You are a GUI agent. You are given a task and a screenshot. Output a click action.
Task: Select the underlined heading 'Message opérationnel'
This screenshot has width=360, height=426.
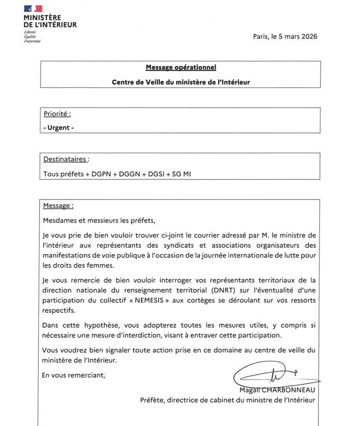pos(180,68)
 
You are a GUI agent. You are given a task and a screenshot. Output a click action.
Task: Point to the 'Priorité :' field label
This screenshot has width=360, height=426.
pos(57,113)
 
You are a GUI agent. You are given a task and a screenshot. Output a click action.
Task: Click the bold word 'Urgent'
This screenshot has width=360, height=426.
pos(58,127)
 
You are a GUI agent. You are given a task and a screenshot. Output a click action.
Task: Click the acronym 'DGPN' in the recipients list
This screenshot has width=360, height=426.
pos(102,174)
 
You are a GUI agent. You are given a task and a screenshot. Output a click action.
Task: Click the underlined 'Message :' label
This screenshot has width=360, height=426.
pos(58,206)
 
